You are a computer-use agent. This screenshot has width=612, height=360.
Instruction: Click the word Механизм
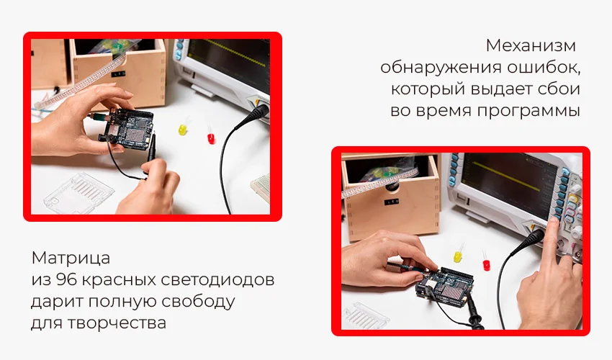(x=531, y=46)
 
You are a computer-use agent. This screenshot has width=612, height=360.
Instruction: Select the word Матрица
(x=71, y=258)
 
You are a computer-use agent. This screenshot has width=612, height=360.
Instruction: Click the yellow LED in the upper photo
(x=183, y=130)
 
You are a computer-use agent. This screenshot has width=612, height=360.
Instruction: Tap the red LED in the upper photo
(x=210, y=136)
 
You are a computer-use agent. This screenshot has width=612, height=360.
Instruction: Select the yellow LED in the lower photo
(x=458, y=256)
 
